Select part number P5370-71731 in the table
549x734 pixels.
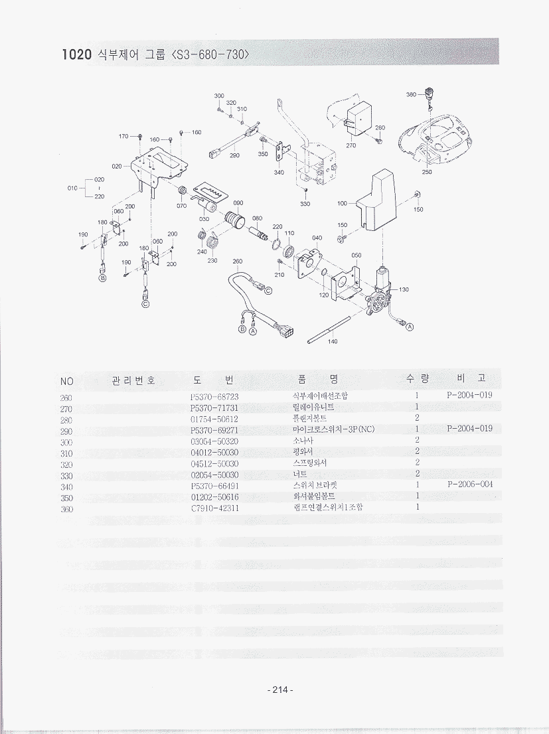pos(214,407)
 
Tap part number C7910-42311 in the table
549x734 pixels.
pos(214,508)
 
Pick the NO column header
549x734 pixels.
pos(66,381)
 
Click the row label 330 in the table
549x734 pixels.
pos(66,475)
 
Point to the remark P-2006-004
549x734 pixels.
pos(470,484)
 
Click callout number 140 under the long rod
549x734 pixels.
pos(333,342)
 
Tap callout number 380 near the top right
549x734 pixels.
pos(411,95)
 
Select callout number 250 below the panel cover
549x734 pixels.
pos(426,173)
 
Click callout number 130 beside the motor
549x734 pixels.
pos(404,290)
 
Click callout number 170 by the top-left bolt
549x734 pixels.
pos(123,136)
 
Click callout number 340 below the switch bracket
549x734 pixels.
pos(279,173)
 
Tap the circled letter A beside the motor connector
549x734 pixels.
pos(410,327)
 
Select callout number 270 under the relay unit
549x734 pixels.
pos(351,145)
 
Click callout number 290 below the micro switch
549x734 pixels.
pos(234,156)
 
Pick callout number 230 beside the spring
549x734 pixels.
pos(212,260)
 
